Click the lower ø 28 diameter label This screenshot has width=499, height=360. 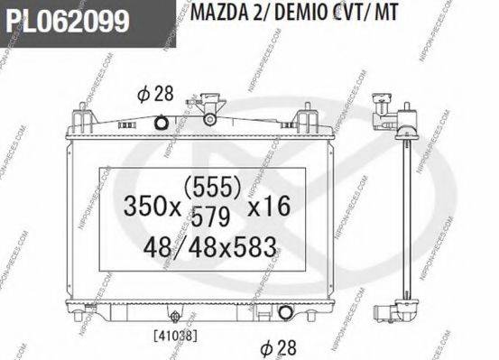tap(277, 346)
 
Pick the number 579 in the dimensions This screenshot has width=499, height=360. tap(210, 217)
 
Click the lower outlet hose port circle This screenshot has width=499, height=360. tap(287, 313)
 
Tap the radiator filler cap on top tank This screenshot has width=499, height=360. tap(209, 115)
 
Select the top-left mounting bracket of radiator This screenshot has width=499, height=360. tap(81, 117)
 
